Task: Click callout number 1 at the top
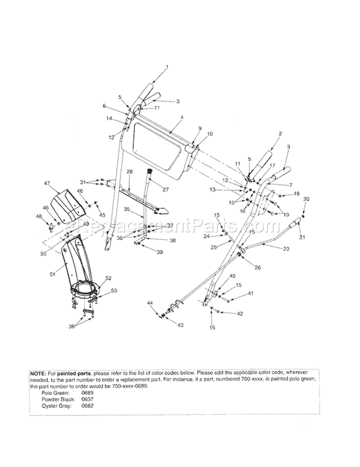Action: pyautogui.click(x=167, y=67)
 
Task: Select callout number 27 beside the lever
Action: pyautogui.click(x=166, y=190)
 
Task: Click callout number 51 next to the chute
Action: pyautogui.click(x=53, y=274)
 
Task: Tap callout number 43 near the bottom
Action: pyautogui.click(x=180, y=325)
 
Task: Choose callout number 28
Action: pyautogui.click(x=130, y=171)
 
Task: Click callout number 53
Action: pyautogui.click(x=114, y=291)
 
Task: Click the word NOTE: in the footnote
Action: pyautogui.click(x=37, y=373)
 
